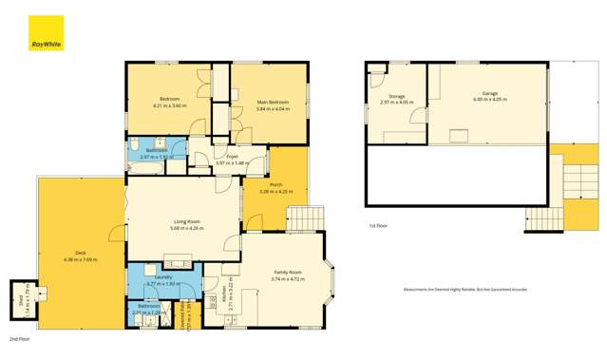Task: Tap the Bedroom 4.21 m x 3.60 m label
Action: point(171,103)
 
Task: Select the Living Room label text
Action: point(184,224)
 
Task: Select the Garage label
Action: point(489,96)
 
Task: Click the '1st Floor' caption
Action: point(378,226)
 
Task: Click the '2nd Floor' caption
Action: point(20,338)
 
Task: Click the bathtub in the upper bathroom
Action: point(146,167)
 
